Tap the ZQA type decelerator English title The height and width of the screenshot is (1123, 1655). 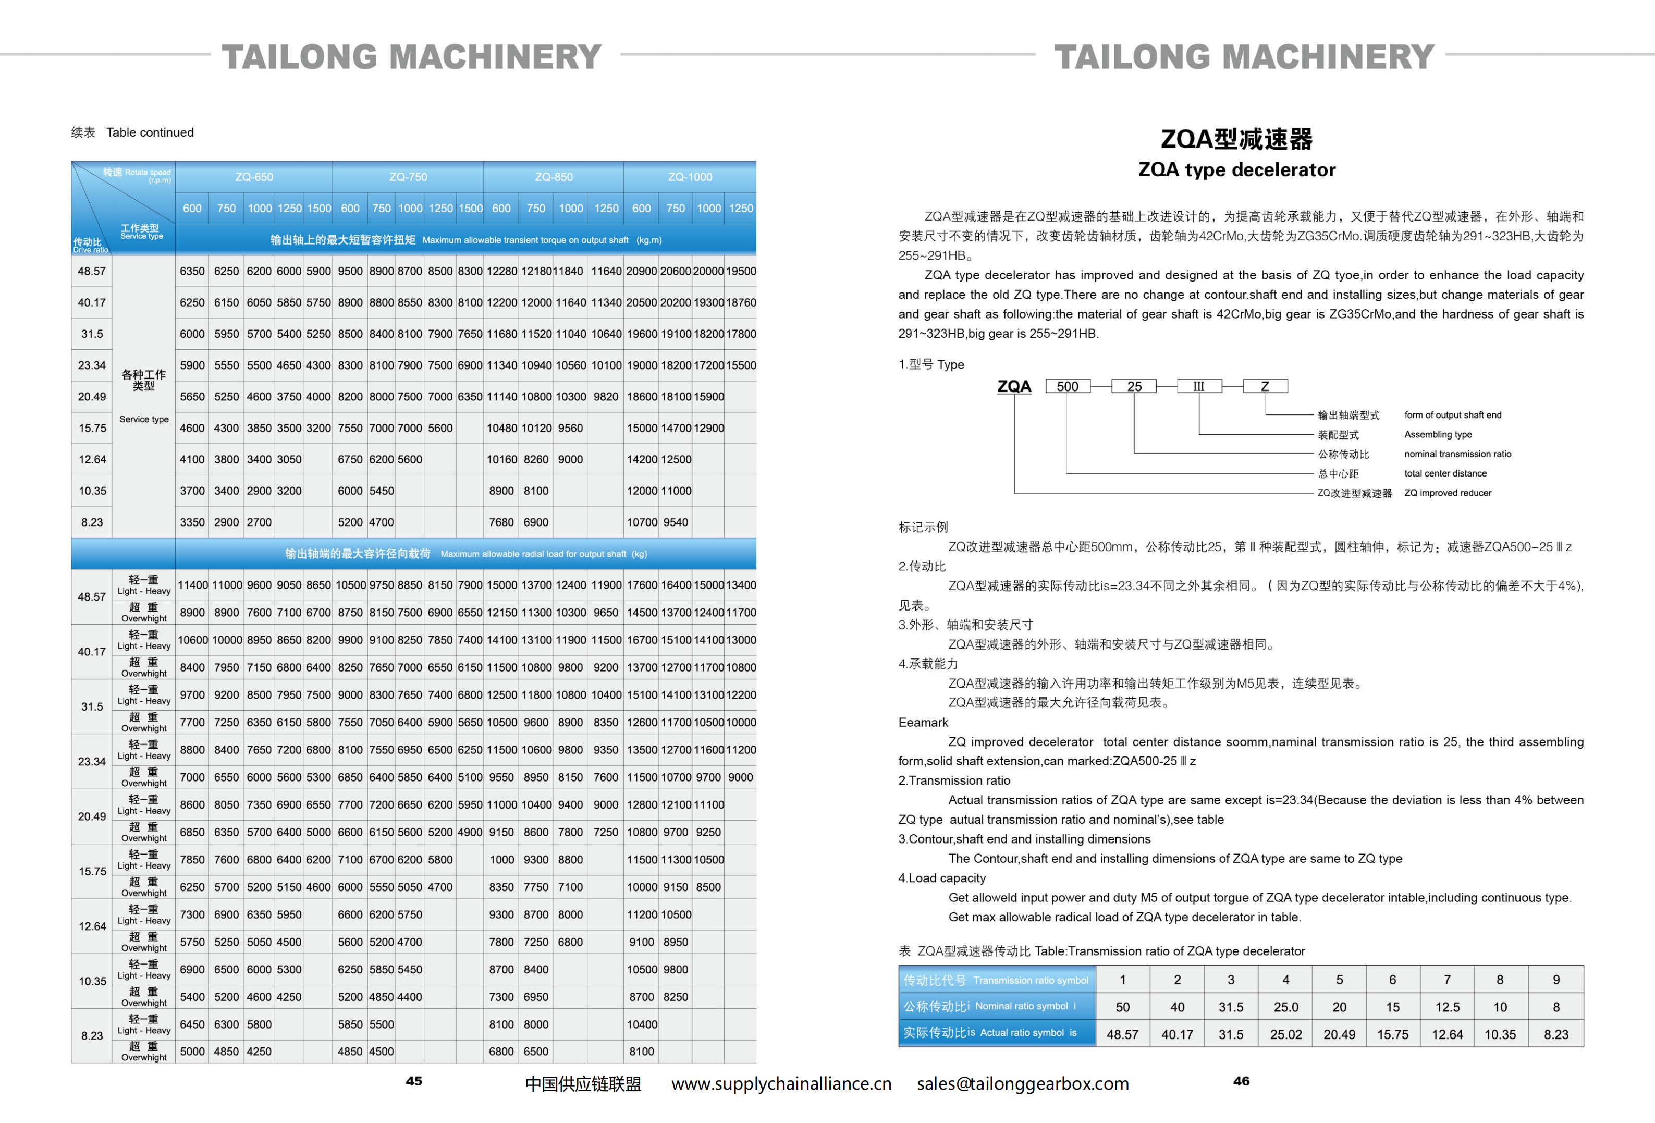coord(1236,169)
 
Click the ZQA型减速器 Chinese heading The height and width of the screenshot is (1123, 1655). coord(1236,139)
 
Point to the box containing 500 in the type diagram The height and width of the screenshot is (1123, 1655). coord(1067,386)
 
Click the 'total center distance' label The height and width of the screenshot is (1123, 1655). coord(1445,473)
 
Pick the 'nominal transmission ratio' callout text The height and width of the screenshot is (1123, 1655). coord(1457,454)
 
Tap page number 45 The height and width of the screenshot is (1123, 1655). coord(414,1081)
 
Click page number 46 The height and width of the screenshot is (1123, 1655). coord(1241,1081)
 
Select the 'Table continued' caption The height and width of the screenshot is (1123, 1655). coord(150,132)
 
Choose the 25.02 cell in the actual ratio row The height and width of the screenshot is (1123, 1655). coord(1285,1034)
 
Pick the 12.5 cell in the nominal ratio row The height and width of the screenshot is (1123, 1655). coord(1446,1007)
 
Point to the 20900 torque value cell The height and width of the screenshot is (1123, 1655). coord(641,271)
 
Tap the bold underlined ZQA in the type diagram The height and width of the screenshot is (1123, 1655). coord(1014,386)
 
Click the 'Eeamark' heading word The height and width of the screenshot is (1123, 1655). coord(923,722)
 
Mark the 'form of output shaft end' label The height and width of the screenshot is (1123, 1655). coord(1452,415)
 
